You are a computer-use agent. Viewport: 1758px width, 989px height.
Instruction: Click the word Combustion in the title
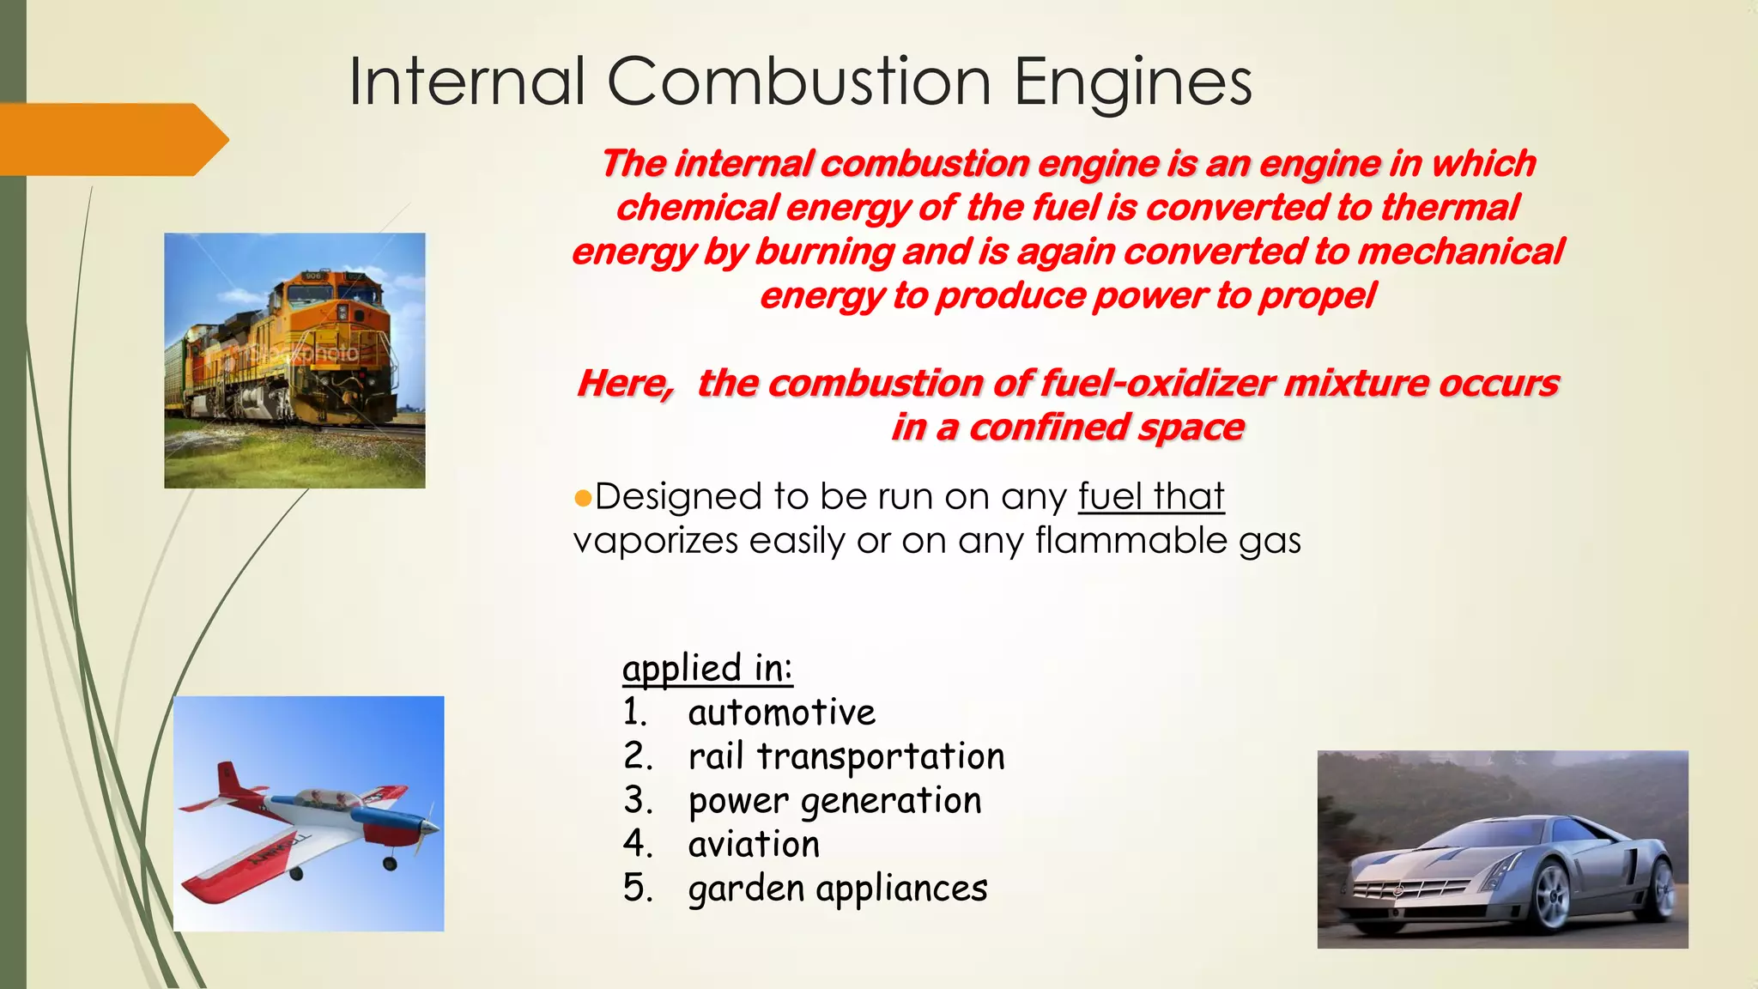click(x=798, y=82)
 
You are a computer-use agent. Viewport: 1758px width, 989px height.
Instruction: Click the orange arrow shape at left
click(x=112, y=139)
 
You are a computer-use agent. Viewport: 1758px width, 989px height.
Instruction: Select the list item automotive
click(x=781, y=713)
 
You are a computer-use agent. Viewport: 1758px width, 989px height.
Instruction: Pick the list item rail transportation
click(x=846, y=756)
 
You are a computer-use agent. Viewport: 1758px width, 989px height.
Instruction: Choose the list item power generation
click(x=834, y=801)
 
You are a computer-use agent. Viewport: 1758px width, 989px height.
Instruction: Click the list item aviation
click(x=754, y=845)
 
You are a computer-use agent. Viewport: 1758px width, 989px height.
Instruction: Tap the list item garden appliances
click(x=837, y=889)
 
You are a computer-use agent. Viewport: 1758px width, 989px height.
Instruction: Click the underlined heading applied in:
click(x=706, y=668)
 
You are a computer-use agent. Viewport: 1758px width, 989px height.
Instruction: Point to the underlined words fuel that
click(x=1150, y=496)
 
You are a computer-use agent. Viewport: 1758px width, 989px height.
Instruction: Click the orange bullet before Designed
click(x=583, y=498)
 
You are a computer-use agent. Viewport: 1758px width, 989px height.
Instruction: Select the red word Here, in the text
click(x=625, y=383)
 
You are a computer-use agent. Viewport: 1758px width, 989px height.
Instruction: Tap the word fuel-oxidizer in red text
click(x=1156, y=383)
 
